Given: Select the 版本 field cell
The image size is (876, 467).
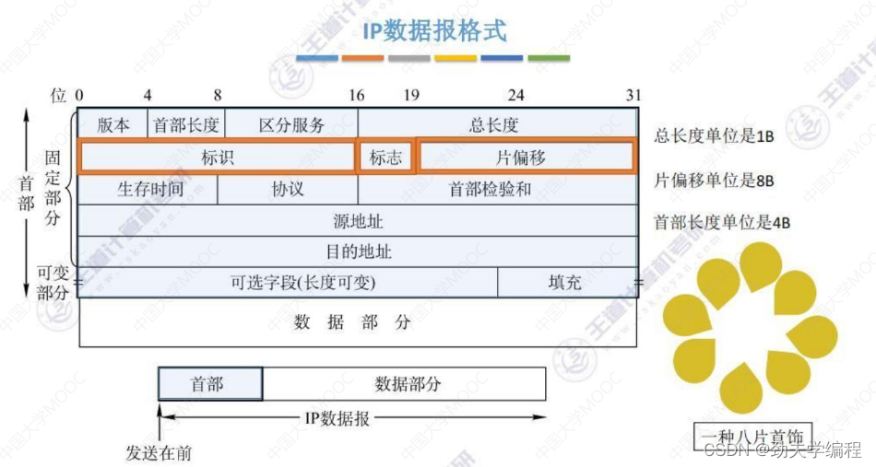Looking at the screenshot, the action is (x=113, y=125).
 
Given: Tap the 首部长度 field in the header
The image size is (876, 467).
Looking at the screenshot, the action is (x=186, y=125).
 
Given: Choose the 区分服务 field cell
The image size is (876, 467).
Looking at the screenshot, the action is (x=291, y=125).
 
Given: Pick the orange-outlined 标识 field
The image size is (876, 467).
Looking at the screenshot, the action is (x=218, y=158).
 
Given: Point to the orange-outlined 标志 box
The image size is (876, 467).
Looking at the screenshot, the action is (x=385, y=158).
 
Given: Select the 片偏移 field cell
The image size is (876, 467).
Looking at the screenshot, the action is (x=526, y=158).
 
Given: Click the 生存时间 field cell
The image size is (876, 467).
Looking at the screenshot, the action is (x=150, y=190).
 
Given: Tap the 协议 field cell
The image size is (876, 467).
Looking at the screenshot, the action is (x=288, y=190).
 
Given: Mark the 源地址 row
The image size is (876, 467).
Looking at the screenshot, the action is (x=358, y=221).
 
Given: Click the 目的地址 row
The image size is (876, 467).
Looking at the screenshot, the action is (x=358, y=251).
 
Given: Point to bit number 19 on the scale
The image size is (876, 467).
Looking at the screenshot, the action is (x=411, y=95).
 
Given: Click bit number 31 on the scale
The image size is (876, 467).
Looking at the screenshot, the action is (x=633, y=95).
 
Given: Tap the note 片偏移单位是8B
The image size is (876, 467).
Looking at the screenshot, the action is (x=714, y=181).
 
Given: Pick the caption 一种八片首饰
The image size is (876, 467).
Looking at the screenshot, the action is (x=738, y=435).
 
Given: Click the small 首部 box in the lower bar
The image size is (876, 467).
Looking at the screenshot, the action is (x=209, y=384).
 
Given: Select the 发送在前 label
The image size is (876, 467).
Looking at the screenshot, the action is (x=159, y=452).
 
